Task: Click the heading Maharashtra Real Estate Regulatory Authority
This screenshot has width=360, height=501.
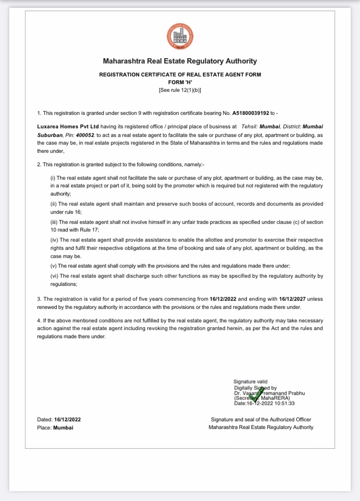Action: pos(180,61)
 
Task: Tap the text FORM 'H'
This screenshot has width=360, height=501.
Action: pos(180,82)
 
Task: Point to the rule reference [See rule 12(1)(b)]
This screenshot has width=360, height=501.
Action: pos(180,90)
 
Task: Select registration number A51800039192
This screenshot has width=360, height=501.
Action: pos(251,113)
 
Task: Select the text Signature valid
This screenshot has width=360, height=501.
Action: pos(251,381)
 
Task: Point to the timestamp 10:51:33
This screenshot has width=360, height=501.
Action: pos(285,403)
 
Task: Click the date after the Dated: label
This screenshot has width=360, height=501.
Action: pos(68,419)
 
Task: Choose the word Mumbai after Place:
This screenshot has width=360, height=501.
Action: pos(63,428)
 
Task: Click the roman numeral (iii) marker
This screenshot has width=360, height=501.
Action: pos(54,222)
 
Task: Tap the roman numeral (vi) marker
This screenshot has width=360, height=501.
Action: pos(54,276)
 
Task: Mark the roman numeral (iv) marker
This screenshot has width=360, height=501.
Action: pos(54,240)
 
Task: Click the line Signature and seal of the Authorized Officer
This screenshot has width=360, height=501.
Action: pos(261,419)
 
